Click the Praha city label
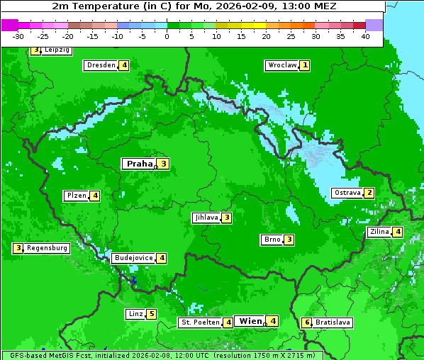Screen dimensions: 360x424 click(140, 164)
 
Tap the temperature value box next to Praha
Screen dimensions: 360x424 click(163, 164)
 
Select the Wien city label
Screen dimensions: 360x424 click(251, 321)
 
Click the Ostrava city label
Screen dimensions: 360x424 click(347, 193)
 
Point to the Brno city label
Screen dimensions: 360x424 click(272, 240)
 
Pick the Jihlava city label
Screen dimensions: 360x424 click(206, 218)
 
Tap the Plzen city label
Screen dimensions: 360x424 click(76, 196)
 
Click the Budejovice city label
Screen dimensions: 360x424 click(133, 258)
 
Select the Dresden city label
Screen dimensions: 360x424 click(101, 65)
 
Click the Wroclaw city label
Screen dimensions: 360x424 click(281, 65)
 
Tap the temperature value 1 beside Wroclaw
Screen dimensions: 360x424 click(305, 65)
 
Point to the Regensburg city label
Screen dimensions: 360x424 click(48, 248)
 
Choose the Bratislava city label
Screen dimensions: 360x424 click(333, 322)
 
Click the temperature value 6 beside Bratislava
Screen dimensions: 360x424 click(307, 322)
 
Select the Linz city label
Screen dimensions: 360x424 click(135, 314)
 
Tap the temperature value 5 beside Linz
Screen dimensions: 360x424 click(151, 314)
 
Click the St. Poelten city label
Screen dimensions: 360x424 click(199, 322)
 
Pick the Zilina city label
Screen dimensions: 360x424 click(379, 232)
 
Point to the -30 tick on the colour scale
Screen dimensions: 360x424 click(18, 36)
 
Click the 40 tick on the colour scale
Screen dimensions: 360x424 click(365, 36)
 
